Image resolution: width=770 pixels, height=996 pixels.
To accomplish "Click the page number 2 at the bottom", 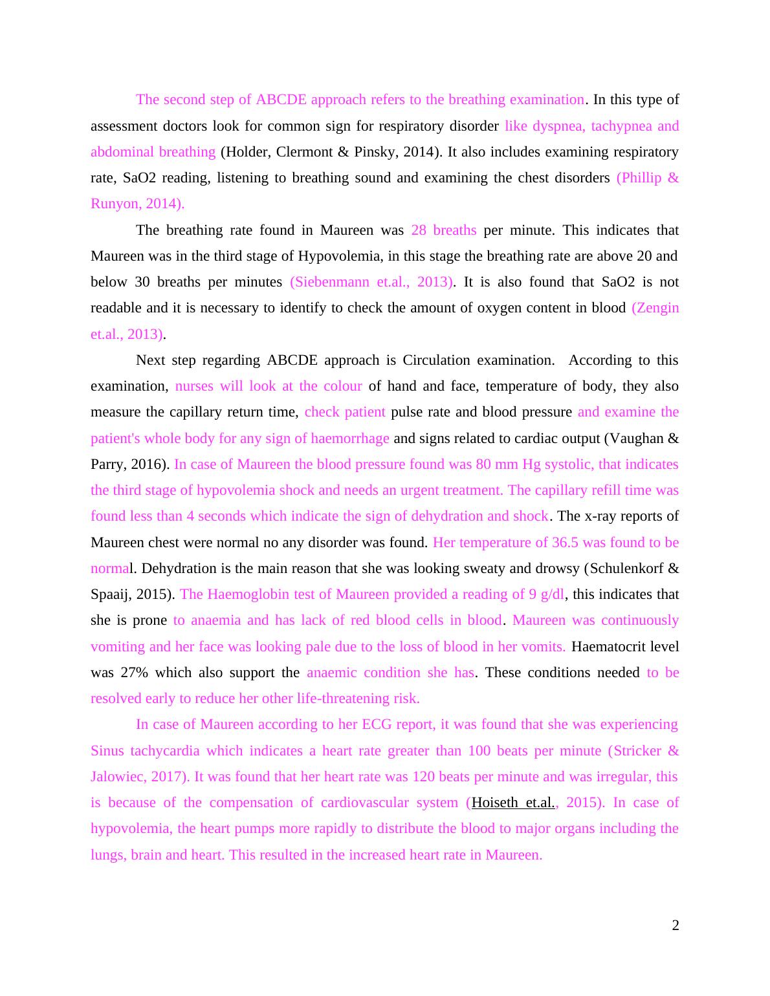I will (x=675, y=926).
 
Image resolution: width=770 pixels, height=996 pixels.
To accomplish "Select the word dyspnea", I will (x=556, y=126).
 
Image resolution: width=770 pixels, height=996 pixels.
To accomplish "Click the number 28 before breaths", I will (x=419, y=230).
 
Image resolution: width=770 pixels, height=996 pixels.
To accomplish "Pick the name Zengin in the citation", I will (x=658, y=308).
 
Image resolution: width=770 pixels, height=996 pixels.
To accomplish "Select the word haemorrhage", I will (x=349, y=438).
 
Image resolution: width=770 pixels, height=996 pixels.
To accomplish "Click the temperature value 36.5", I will (x=565, y=543).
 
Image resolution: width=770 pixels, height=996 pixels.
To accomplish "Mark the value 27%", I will (x=134, y=673).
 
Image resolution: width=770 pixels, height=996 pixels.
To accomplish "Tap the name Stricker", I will (x=637, y=751).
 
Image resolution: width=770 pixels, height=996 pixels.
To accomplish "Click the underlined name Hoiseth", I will (x=495, y=803).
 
